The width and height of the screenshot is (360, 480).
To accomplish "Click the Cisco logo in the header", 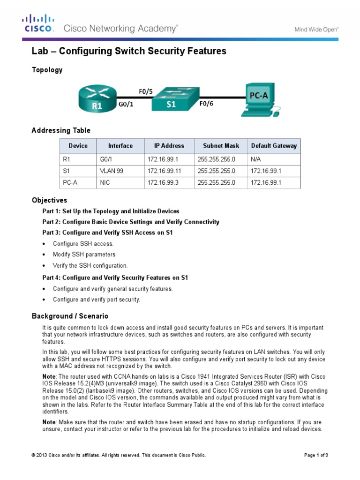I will [38, 23].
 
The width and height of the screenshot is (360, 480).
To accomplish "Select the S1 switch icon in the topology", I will [171, 99].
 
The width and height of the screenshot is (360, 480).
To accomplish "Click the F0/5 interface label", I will [145, 91].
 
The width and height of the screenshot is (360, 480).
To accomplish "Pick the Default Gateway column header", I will [274, 146].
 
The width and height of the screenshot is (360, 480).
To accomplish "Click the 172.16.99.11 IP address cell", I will [164, 171].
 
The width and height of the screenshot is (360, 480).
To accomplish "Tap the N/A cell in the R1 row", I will [256, 159].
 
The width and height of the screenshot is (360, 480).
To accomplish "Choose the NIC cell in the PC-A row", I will [105, 183].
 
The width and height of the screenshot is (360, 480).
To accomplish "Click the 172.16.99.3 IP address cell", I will [162, 183].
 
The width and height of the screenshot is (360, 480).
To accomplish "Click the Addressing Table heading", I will [61, 130].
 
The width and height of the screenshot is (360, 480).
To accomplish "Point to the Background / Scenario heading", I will [70, 316].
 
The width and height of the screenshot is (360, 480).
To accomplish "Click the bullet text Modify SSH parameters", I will [84, 255].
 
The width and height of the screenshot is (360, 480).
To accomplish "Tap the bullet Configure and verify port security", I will [97, 300].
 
